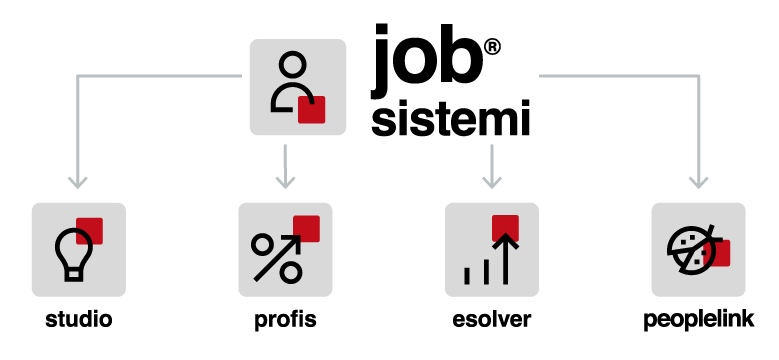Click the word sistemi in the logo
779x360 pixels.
click(x=451, y=118)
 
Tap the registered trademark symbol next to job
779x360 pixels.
click(x=491, y=48)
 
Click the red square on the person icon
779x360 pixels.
click(x=312, y=109)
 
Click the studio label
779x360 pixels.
click(x=78, y=319)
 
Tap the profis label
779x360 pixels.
click(x=285, y=320)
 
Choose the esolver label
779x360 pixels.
click(x=491, y=319)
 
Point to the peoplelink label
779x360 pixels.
click(x=699, y=320)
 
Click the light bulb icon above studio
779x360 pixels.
click(x=74, y=254)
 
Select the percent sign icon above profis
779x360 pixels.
click(x=277, y=258)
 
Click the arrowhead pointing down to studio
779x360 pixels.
click(x=78, y=182)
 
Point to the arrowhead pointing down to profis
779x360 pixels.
click(x=285, y=182)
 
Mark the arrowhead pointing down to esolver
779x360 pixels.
click(x=491, y=182)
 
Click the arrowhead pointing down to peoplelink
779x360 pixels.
click(x=699, y=182)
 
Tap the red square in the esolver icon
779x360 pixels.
click(x=505, y=228)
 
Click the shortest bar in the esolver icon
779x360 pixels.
click(x=467, y=276)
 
